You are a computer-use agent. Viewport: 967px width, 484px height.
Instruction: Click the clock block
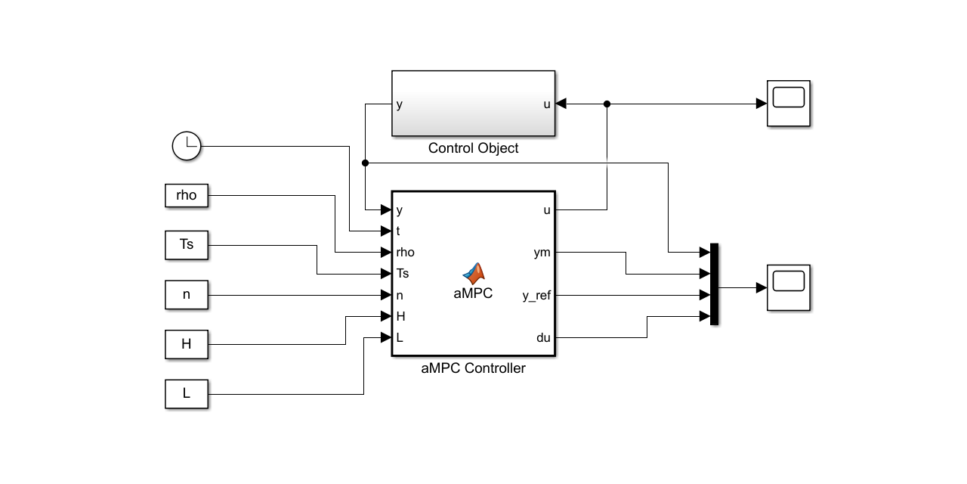coord(187,145)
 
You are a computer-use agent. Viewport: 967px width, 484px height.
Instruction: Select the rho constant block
coord(186,195)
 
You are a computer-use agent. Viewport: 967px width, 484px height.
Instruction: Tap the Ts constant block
coord(186,245)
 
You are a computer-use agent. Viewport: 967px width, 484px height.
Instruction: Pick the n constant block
coord(186,294)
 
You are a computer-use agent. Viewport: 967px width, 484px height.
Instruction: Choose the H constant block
coord(186,344)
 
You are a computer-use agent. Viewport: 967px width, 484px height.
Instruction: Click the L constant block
coord(186,394)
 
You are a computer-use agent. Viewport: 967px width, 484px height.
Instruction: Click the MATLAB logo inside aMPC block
coord(474,274)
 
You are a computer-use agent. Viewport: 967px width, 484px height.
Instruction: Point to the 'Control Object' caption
coord(473,148)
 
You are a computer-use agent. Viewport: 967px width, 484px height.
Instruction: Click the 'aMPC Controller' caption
coord(473,369)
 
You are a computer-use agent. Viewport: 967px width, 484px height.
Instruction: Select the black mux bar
coord(714,284)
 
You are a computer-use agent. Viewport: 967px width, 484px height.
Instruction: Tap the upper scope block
coord(789,104)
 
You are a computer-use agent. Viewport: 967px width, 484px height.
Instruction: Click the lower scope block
coord(789,287)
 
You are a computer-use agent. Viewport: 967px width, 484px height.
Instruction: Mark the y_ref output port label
coord(536,296)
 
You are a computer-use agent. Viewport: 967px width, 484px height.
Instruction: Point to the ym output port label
coord(542,253)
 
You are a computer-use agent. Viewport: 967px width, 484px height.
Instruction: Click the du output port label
coord(543,338)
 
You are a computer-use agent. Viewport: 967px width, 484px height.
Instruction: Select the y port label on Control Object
coord(400,104)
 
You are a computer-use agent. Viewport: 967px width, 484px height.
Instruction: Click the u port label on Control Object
coord(547,104)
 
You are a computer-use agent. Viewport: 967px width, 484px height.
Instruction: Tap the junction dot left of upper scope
coord(607,104)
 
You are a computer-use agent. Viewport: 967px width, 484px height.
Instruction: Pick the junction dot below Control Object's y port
coord(366,163)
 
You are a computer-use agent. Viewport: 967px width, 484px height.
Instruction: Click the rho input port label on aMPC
coord(405,253)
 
